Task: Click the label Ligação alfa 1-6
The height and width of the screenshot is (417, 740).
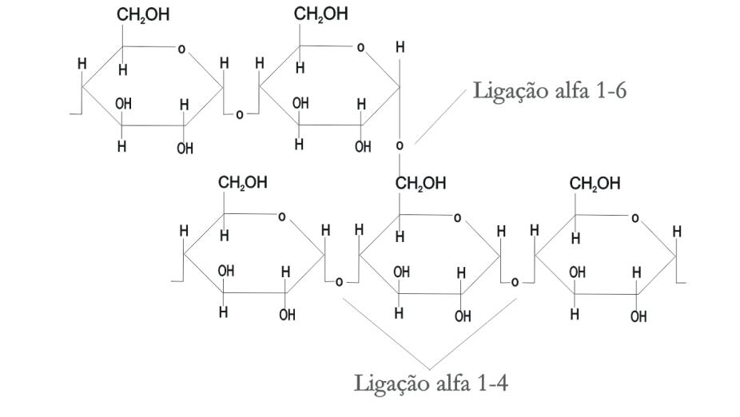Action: pos(550,90)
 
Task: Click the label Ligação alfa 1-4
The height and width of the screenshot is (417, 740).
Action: pos(431,383)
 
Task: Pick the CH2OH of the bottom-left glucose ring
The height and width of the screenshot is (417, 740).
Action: pos(243,183)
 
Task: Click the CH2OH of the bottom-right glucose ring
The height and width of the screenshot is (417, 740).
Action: pos(595,184)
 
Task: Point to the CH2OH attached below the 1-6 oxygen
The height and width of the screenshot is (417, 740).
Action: pos(420,184)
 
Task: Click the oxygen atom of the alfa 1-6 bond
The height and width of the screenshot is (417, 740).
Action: pos(400,146)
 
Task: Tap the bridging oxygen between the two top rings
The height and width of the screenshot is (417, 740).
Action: pos(239,115)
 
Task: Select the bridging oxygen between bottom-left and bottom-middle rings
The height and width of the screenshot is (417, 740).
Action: pos(340,282)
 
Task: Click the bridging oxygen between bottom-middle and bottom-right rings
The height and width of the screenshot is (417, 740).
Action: pos(515,282)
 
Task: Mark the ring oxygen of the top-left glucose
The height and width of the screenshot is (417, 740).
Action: pos(181,50)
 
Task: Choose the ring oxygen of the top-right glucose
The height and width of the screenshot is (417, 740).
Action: pos(360,49)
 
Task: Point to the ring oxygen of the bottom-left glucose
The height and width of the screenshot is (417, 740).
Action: pos(281,216)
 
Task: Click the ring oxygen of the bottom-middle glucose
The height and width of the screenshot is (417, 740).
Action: pos(457,217)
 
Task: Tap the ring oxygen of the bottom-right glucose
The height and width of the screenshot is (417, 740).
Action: pos(634,217)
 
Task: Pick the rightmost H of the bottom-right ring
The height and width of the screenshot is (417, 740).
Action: pos(678,232)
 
